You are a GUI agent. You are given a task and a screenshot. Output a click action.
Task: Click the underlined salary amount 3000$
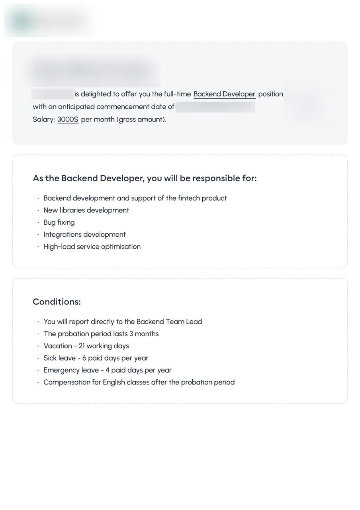tap(68, 120)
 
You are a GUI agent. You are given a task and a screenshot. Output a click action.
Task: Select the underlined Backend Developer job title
tap(224, 94)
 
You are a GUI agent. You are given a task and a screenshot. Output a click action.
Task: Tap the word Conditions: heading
tap(57, 302)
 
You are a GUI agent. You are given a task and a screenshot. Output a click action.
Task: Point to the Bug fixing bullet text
tap(59, 222)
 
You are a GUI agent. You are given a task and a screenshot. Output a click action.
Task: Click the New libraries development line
tap(86, 210)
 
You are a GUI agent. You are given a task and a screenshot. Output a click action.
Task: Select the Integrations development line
tap(84, 235)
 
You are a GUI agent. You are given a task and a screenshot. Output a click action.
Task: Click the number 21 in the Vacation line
tap(81, 346)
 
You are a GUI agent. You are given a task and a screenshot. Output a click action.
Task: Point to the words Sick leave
tap(59, 358)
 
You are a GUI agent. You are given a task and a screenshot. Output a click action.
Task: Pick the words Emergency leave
tap(70, 370)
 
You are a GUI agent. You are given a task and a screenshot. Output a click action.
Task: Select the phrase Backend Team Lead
tap(169, 322)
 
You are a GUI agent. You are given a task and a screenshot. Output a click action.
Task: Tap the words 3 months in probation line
tap(144, 334)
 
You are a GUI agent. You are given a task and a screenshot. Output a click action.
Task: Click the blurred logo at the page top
tap(48, 20)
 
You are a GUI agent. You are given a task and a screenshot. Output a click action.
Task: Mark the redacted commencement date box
tap(215, 107)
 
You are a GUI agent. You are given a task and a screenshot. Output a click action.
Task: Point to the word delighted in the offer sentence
tap(96, 94)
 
